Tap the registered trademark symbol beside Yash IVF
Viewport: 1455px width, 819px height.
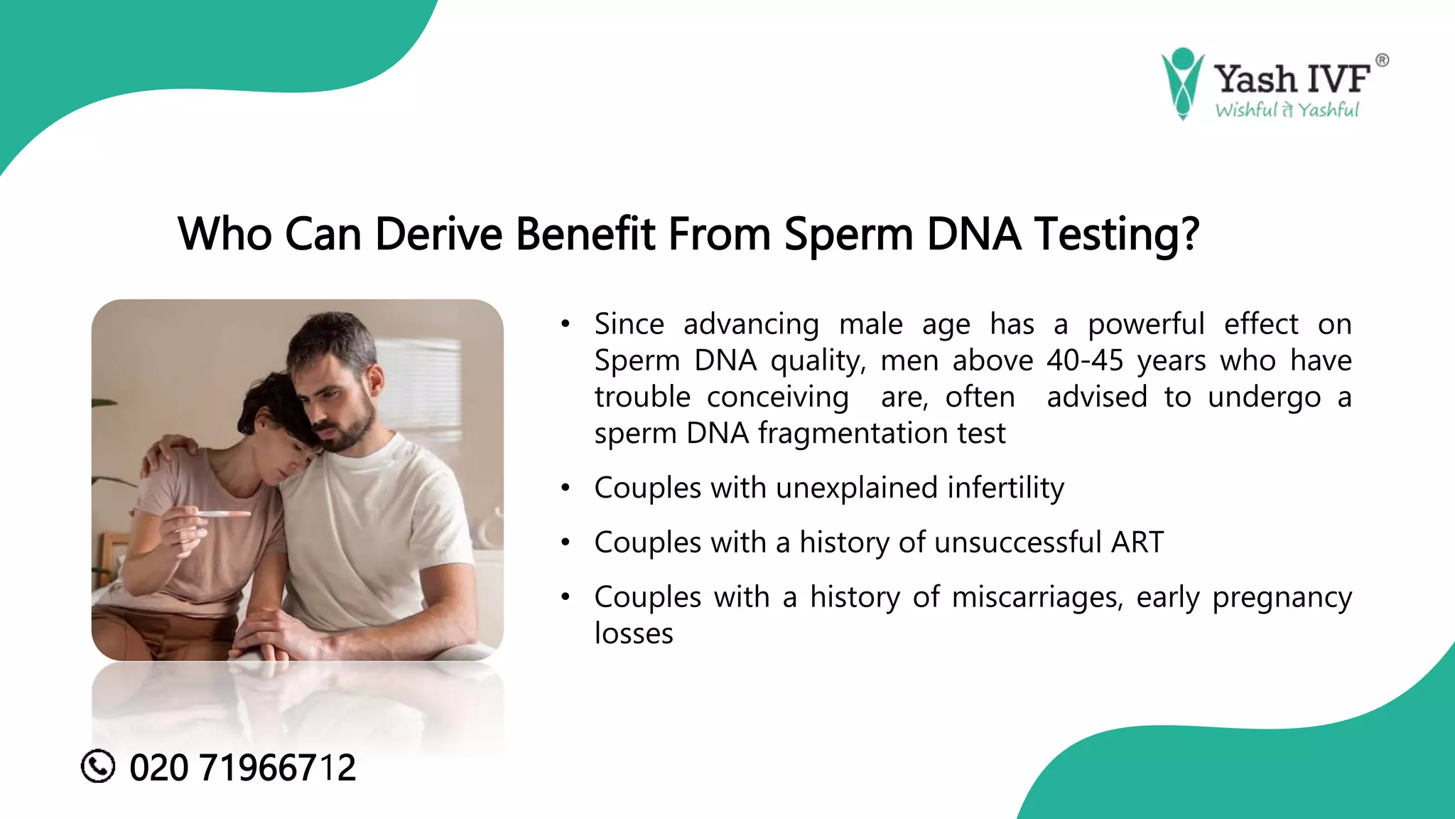[x=1382, y=60]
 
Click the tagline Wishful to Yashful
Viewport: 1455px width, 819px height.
[x=1287, y=110]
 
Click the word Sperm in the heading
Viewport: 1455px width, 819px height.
[x=849, y=234]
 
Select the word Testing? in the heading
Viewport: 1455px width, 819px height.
[x=1117, y=234]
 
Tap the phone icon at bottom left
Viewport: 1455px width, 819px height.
[x=98, y=766]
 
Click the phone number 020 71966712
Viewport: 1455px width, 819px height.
[x=242, y=768]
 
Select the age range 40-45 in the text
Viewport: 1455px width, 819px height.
[x=1085, y=360]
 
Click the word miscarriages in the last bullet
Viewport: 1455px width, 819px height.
[x=1037, y=597]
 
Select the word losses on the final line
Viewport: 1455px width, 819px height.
[x=634, y=633]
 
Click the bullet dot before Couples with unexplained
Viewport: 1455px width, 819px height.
[x=566, y=488]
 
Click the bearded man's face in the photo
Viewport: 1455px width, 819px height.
[x=337, y=398]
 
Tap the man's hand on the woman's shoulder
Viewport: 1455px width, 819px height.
[x=171, y=451]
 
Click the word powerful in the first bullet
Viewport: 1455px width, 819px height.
[x=1146, y=324]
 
